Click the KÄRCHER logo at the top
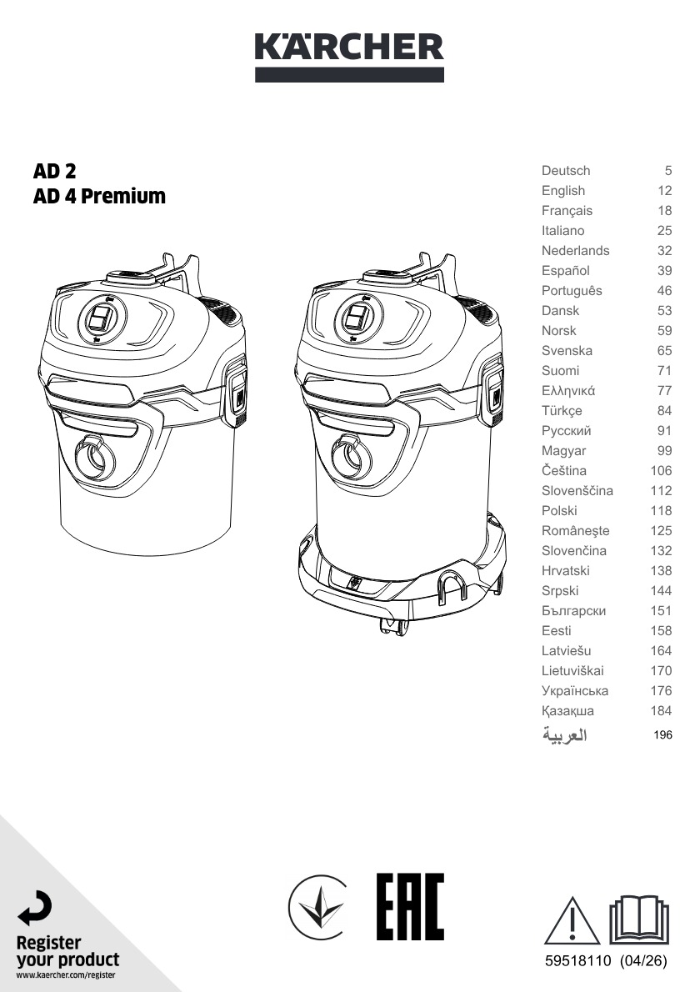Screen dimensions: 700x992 pos(349,57)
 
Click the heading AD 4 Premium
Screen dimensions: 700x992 pos(99,196)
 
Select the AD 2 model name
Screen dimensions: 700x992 pos(54,171)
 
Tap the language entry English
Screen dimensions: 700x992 pos(562,190)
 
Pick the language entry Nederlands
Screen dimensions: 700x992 pos(576,251)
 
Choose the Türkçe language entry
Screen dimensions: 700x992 pos(562,411)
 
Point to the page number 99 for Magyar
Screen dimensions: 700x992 pos(664,450)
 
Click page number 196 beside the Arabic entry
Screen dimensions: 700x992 pos(662,734)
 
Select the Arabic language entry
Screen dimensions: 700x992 pos(565,734)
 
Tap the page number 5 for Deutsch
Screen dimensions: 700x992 pos(667,171)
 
